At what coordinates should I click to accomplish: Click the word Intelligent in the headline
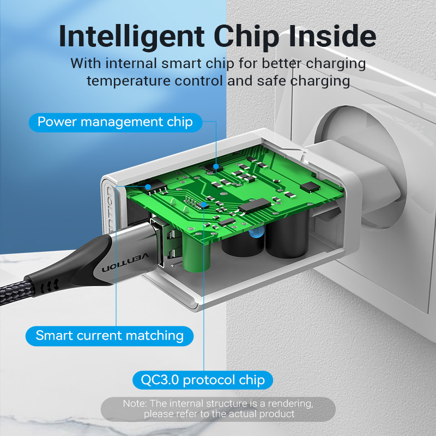[x=132, y=37]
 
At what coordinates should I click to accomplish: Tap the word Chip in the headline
[x=246, y=37]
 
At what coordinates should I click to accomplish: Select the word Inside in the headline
[x=332, y=35]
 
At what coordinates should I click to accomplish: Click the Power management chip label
[x=116, y=122]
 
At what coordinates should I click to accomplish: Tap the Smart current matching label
[x=110, y=336]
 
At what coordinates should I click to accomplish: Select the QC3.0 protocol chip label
[x=203, y=380]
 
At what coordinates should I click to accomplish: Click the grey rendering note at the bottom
[x=218, y=409]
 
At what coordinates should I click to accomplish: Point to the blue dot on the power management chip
[x=216, y=167]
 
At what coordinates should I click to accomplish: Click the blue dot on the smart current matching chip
[x=148, y=187]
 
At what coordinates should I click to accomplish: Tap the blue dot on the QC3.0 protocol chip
[x=204, y=205]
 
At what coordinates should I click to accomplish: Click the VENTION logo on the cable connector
[x=125, y=262]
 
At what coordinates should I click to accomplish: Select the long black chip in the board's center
[x=254, y=206]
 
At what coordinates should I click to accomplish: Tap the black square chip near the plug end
[x=310, y=187]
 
